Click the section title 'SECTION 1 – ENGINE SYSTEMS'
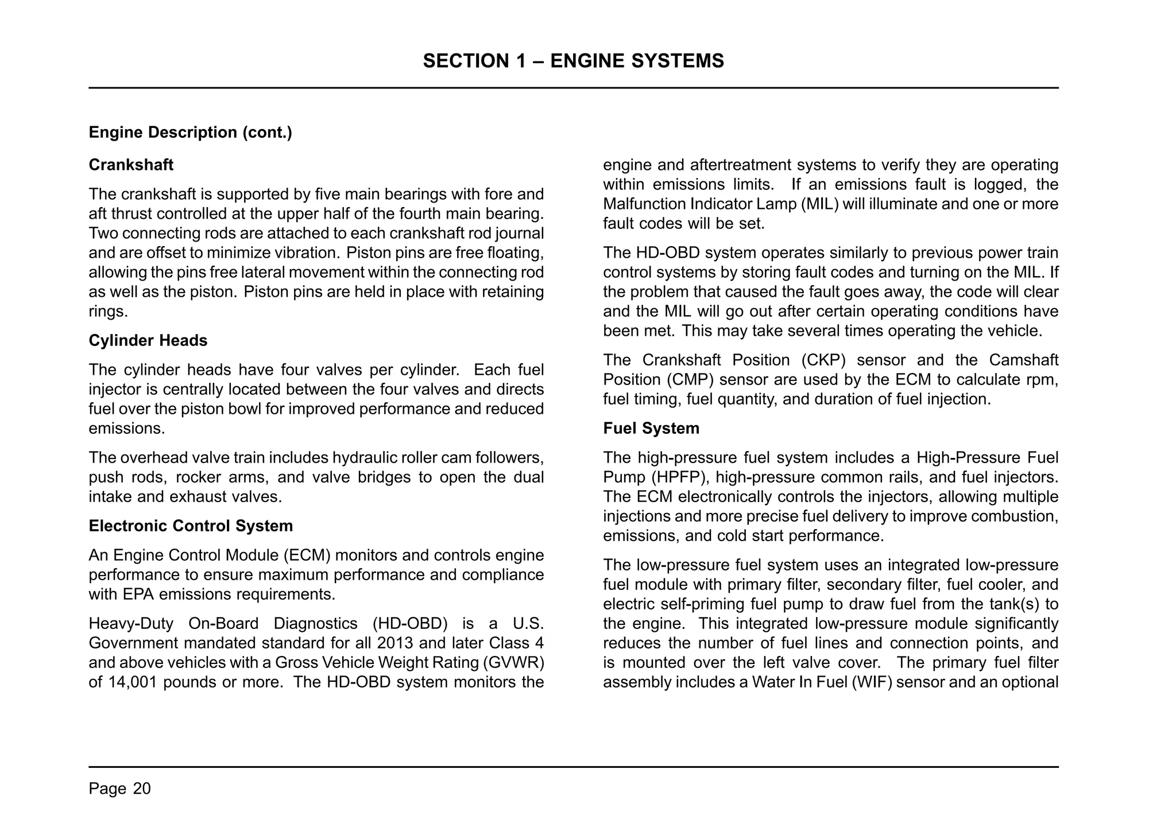(x=573, y=61)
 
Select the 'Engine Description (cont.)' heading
(x=190, y=133)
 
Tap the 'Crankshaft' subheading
(x=131, y=165)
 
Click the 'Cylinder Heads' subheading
(x=148, y=341)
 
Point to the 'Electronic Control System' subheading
(x=191, y=526)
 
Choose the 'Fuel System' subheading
(x=651, y=429)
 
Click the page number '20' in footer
(x=142, y=789)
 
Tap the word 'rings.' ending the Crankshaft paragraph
(x=108, y=312)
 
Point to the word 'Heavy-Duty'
(x=131, y=624)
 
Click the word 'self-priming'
(x=681, y=604)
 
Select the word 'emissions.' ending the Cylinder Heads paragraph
(x=126, y=429)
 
